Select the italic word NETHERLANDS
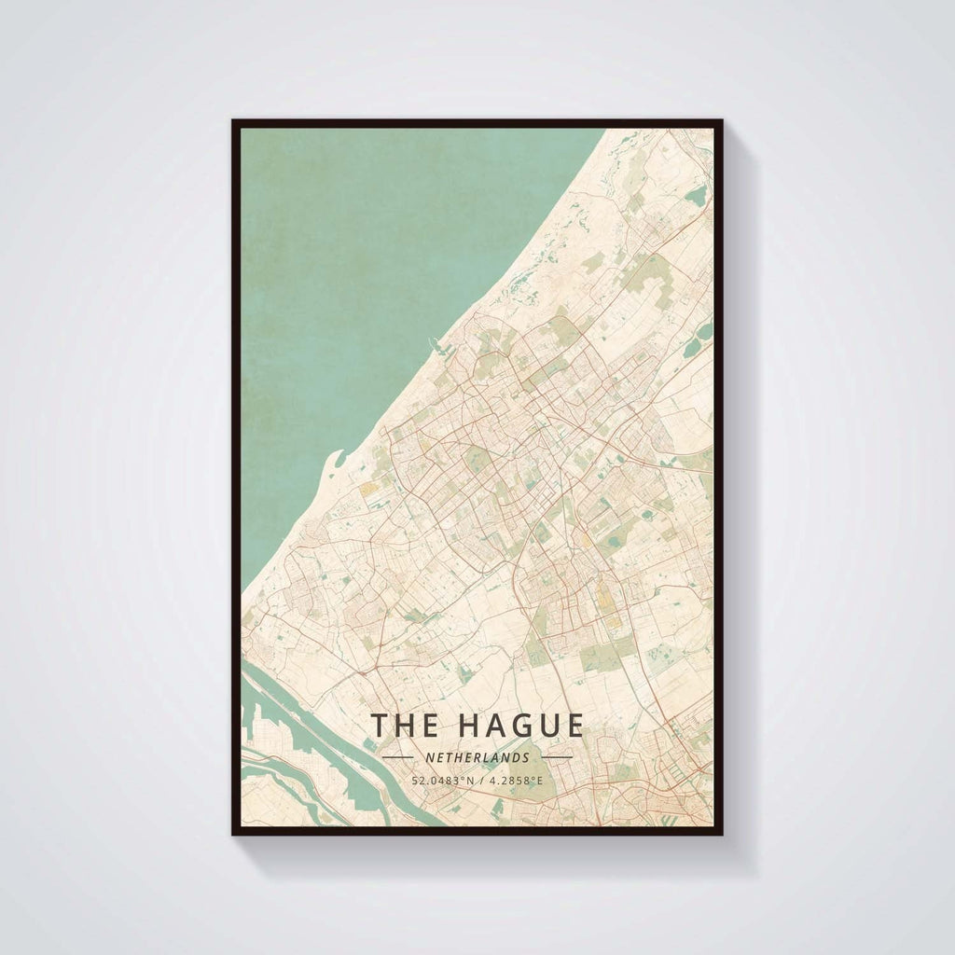point(477,757)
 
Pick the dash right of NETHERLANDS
point(557,757)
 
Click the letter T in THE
point(381,726)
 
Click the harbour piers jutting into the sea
point(435,346)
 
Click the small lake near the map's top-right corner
point(697,196)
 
